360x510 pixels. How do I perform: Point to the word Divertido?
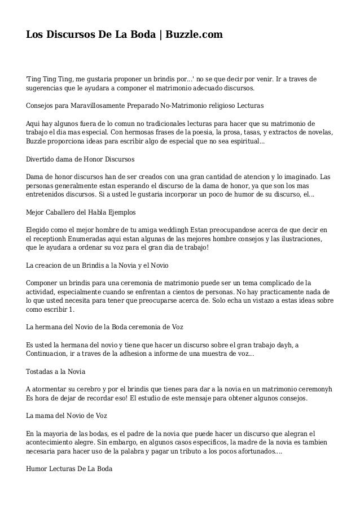tap(41, 159)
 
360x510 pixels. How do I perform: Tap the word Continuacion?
tap(51, 354)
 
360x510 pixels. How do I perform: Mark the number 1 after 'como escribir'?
tap(71, 309)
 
